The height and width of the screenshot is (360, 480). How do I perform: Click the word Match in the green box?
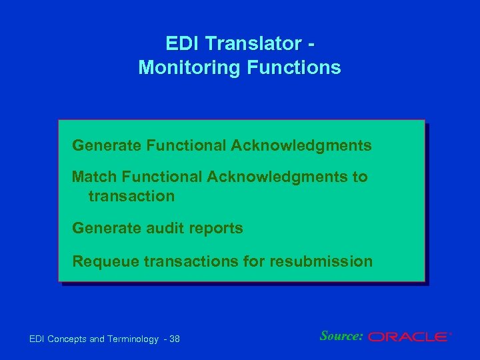93,177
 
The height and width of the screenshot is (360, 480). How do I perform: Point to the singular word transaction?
131,196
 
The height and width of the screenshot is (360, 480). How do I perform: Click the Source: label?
341,336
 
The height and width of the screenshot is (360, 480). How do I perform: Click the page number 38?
175,339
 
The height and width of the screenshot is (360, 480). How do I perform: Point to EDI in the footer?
38,339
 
